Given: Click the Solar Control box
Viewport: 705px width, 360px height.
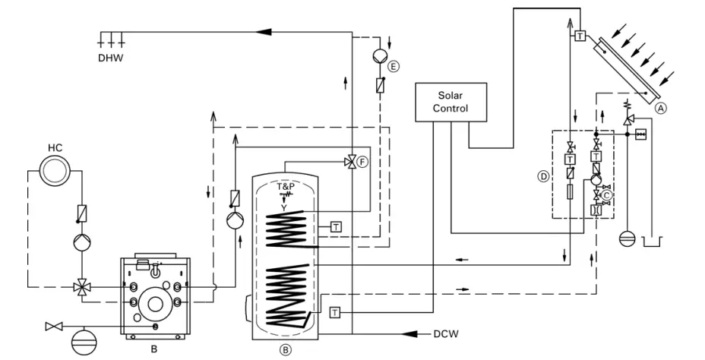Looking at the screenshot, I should (450, 102).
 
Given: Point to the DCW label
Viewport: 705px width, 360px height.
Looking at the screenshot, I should (445, 333).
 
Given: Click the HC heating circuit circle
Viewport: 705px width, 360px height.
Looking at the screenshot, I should (55, 171).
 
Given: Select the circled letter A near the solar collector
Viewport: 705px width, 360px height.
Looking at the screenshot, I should (661, 109).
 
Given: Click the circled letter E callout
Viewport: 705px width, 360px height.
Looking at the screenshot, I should (393, 67).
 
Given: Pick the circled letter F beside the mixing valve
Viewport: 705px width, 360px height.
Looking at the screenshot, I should (362, 162).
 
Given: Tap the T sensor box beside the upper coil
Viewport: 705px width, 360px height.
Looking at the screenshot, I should (335, 226).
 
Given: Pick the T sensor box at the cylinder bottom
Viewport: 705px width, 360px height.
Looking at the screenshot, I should (335, 312).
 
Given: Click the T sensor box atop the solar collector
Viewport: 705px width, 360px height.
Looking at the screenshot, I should (580, 36).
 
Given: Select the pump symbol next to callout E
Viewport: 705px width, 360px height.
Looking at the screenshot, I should (378, 55).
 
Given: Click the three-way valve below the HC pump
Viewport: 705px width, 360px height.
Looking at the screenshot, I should (79, 287).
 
